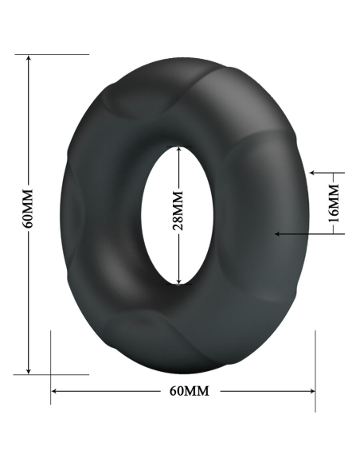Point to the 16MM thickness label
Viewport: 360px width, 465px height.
pos(334,202)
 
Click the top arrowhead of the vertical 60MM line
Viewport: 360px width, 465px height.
pos(28,58)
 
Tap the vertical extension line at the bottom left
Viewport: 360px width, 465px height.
pos(51,366)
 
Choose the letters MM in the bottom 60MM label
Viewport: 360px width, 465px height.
pos(198,391)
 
